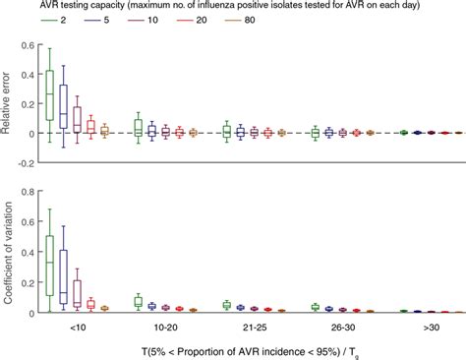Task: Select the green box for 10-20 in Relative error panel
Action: pyautogui.click(x=139, y=126)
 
